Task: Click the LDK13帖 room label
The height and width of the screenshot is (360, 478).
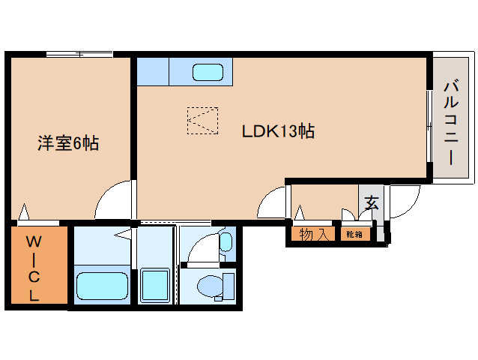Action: tap(277, 131)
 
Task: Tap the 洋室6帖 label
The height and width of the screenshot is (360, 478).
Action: tap(68, 142)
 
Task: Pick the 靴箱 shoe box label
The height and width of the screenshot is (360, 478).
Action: tap(354, 235)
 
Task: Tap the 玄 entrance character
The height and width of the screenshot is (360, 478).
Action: tap(371, 202)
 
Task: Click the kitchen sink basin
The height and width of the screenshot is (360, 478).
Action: tap(208, 73)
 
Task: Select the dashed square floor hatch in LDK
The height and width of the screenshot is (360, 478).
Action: tap(202, 120)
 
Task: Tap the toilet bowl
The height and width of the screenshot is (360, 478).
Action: tap(210, 286)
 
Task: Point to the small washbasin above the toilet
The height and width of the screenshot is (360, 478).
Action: tap(226, 241)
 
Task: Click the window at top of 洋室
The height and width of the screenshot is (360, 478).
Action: tap(79, 54)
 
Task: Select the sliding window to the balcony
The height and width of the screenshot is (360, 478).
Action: tap(430, 124)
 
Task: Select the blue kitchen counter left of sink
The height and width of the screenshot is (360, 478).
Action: tap(153, 72)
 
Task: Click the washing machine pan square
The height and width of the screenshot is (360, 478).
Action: tap(157, 285)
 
